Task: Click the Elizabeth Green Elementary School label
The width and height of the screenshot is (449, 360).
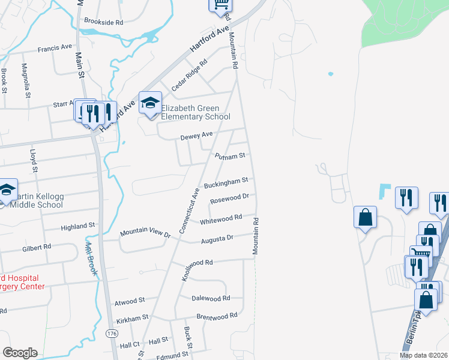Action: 195,112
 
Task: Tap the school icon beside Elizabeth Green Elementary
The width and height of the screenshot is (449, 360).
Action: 150,103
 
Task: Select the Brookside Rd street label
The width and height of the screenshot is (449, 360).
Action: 103,22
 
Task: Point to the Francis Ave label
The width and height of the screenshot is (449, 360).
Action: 55,47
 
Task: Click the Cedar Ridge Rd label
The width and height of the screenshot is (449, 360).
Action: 188,75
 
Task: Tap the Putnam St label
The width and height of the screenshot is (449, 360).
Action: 231,156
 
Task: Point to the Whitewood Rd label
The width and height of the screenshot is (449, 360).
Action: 221,220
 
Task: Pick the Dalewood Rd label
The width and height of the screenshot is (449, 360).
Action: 211,298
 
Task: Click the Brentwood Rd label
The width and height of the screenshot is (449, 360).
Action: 217,316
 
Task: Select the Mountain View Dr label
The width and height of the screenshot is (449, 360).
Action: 145,233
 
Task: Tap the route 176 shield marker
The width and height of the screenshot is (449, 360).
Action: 110,332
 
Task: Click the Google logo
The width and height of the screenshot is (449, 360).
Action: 20,353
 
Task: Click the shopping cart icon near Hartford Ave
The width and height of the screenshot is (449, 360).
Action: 220,5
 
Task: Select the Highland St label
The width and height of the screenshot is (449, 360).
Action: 78,226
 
